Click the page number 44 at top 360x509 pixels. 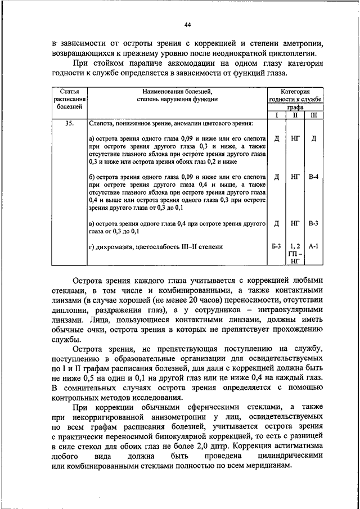coord(187,25)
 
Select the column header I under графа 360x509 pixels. coord(277,115)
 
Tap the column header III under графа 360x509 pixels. coord(313,115)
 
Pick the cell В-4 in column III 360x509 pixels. coord(313,177)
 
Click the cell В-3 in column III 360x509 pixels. coord(313,223)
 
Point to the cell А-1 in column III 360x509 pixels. coord(313,246)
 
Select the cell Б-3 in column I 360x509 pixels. coord(277,246)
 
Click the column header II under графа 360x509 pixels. coord(295,115)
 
